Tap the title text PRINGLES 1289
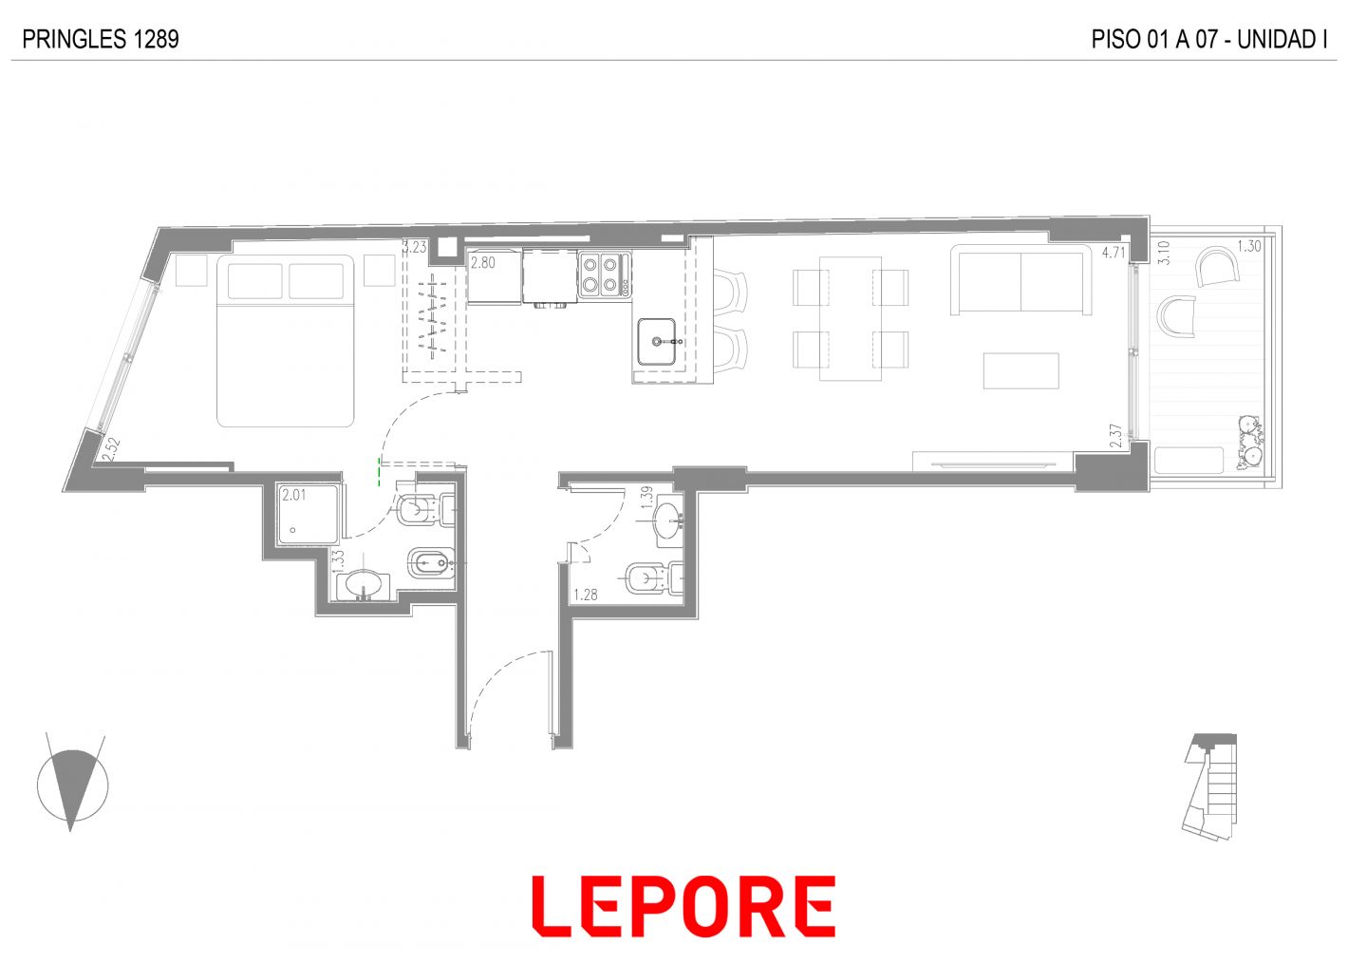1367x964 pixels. coord(101,39)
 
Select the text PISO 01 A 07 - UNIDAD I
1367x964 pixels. coord(1209,39)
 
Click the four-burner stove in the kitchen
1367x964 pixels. coord(604,275)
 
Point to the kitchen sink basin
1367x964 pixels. coord(657,342)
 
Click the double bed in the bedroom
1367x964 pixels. coord(285,341)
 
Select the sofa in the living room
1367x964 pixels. coord(1021,280)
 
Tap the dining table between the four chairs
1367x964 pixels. coord(851,318)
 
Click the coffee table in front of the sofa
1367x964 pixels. coord(1021,370)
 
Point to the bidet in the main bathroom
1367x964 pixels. coord(431,563)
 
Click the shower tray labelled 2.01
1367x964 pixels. coord(308,514)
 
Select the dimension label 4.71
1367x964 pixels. coord(1113,252)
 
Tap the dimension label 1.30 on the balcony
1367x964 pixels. coord(1249,246)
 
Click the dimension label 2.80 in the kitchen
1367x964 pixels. coord(482,262)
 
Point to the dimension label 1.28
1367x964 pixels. coord(585,594)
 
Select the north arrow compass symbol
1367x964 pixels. coord(72,784)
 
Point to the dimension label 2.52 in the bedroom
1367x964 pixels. coord(111,450)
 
